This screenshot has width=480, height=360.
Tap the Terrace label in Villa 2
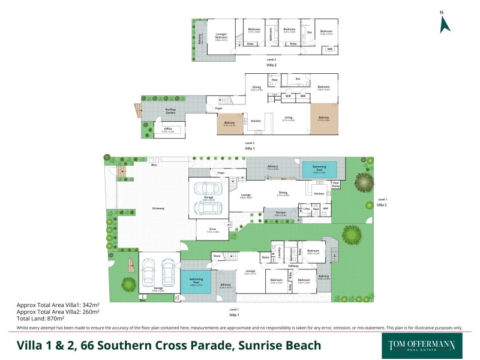[280, 212]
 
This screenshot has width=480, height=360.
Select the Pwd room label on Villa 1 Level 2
[274, 80]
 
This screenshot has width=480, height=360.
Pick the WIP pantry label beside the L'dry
[326, 208]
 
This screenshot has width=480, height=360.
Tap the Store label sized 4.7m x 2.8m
[212, 229]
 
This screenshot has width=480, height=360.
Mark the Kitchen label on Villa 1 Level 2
[256, 121]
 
